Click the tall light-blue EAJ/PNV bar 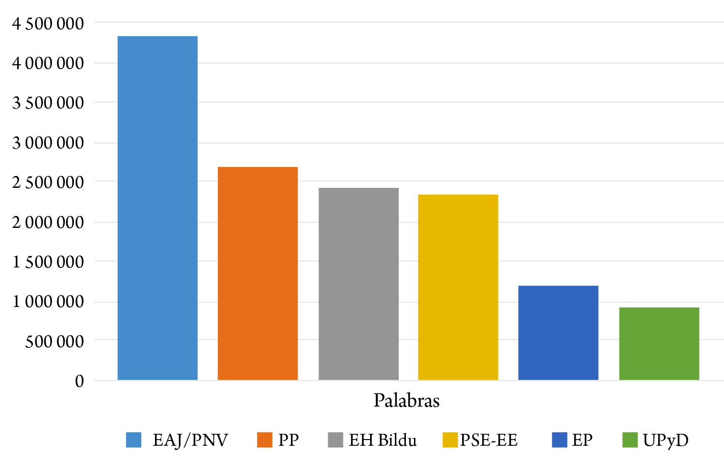pos(157,208)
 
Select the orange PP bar pos(258,273)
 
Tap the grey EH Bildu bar pos(358,284)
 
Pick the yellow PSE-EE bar pos(458,287)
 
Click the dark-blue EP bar pos(558,333)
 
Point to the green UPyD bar pos(659,344)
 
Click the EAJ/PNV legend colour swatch pos(134,440)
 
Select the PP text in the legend pos(289,440)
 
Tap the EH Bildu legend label pos(383,440)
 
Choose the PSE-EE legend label pos(489,440)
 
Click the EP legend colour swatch pos(559,440)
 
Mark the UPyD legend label pos(666,440)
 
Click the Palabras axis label pos(406,400)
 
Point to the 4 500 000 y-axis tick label pos(48,23)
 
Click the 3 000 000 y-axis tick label pos(48,143)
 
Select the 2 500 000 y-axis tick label pos(48,182)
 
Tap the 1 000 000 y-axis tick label pos(48,301)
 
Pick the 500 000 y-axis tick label pos(54,341)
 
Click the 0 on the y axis pos(79,381)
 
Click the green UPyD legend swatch pos(630,440)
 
